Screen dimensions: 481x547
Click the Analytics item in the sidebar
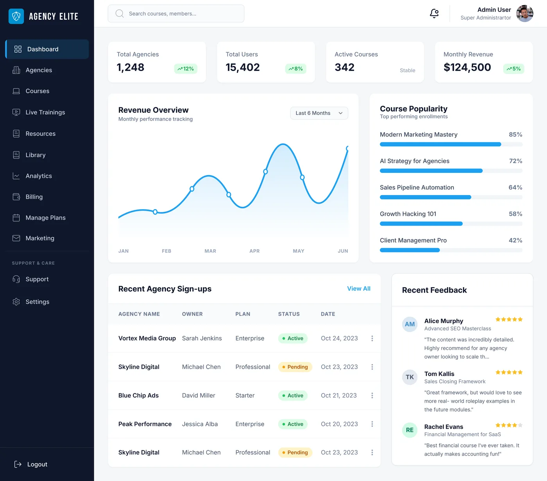pos(38,176)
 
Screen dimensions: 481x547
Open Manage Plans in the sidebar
pos(45,218)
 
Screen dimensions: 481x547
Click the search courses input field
pos(176,14)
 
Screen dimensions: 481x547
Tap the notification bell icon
pos(434,14)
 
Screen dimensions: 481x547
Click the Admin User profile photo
pos(524,14)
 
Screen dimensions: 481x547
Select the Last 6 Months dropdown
pos(319,113)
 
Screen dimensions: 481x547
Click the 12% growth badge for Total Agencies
pos(186,69)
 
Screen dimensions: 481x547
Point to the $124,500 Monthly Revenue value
pos(467,67)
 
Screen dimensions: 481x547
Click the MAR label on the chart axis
pos(210,251)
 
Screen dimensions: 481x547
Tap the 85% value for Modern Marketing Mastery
pos(515,135)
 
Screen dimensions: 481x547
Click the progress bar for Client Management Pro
pos(451,250)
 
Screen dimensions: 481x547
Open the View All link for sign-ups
pos(359,289)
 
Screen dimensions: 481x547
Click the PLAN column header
pos(243,314)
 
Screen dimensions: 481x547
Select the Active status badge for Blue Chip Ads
pos(293,396)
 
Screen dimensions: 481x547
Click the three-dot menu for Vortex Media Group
pos(372,339)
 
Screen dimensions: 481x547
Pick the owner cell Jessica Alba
pos(200,424)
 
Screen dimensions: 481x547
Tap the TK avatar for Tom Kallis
pos(409,377)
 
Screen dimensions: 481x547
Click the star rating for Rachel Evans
pos(509,425)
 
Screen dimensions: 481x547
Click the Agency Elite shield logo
pos(16,16)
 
